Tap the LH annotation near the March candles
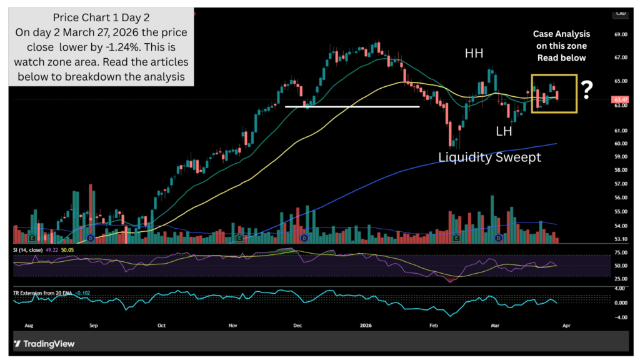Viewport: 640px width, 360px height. [x=505, y=131]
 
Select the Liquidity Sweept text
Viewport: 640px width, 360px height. [x=489, y=157]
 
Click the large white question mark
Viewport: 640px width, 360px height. [x=586, y=91]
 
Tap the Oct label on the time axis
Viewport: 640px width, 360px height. [x=161, y=326]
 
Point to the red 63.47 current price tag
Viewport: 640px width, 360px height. [x=620, y=100]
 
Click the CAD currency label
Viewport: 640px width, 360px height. [x=621, y=13]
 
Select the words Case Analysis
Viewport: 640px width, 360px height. [x=561, y=34]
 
